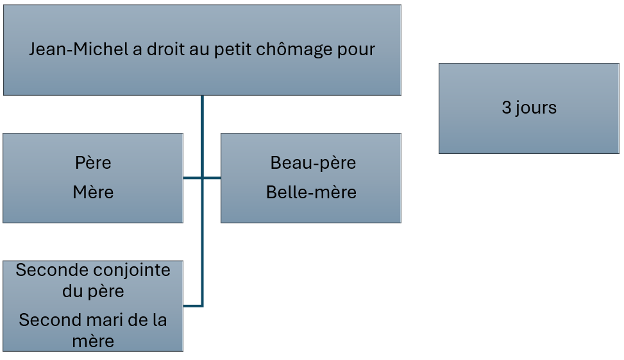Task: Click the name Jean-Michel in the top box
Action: point(79,49)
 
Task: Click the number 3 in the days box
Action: point(507,108)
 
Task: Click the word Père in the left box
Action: point(93,162)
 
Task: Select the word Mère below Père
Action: point(93,193)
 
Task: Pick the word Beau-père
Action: point(313,163)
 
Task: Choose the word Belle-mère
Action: point(311,193)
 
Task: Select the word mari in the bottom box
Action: point(101,320)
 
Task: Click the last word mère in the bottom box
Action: point(93,341)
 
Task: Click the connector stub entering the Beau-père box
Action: point(212,178)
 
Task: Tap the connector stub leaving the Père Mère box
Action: point(192,178)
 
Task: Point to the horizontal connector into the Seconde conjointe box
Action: point(193,306)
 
